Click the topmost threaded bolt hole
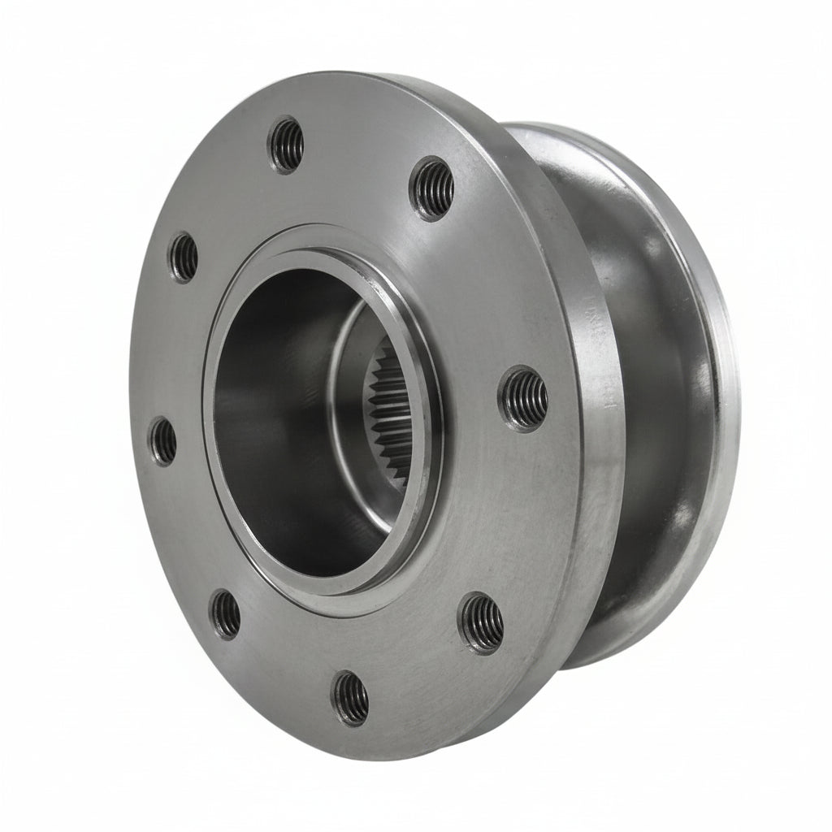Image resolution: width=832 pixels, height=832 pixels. (x=287, y=145)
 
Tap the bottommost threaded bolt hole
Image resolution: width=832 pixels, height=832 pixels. (x=351, y=697)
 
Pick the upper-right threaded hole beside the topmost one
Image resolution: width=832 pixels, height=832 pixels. (x=432, y=188)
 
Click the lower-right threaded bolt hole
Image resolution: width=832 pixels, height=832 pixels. (x=483, y=623)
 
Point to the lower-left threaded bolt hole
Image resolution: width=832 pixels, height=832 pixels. (x=225, y=613)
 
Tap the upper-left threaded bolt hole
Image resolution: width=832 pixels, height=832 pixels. (x=183, y=257)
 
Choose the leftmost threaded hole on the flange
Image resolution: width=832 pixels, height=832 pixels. (x=162, y=440)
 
